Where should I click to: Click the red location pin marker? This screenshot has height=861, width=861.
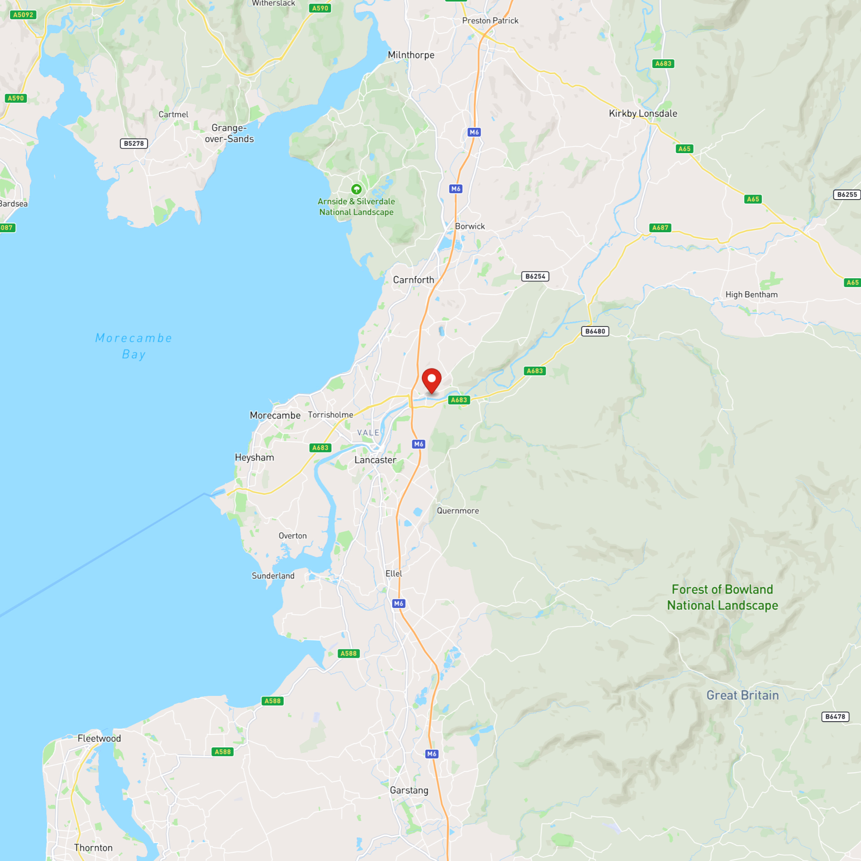pyautogui.click(x=431, y=380)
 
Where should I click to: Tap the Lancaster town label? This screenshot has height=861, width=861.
pyautogui.click(x=375, y=460)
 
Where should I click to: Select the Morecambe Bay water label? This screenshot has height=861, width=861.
pyautogui.click(x=133, y=346)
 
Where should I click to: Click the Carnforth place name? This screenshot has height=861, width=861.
pyautogui.click(x=413, y=280)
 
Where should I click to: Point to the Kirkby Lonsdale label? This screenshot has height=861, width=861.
pyautogui.click(x=643, y=113)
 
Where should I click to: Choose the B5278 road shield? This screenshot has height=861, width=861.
pyautogui.click(x=134, y=143)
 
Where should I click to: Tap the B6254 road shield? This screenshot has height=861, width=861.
pyautogui.click(x=535, y=276)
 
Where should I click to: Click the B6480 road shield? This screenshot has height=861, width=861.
pyautogui.click(x=595, y=331)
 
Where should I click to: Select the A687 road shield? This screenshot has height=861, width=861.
pyautogui.click(x=660, y=228)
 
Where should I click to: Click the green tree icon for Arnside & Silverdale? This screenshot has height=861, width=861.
pyautogui.click(x=356, y=189)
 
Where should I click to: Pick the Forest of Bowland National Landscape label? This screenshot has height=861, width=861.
pyautogui.click(x=722, y=597)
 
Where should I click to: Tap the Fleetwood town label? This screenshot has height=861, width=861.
pyautogui.click(x=99, y=738)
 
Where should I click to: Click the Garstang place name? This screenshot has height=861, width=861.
pyautogui.click(x=409, y=790)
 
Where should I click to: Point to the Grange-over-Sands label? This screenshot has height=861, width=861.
pyautogui.click(x=229, y=133)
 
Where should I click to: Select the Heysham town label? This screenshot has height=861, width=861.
pyautogui.click(x=254, y=457)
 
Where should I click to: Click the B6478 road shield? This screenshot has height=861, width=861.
pyautogui.click(x=835, y=717)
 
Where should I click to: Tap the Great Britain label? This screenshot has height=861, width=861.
pyautogui.click(x=742, y=695)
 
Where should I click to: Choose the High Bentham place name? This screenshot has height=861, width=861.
pyautogui.click(x=751, y=294)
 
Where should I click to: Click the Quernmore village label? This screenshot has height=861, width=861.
pyautogui.click(x=458, y=511)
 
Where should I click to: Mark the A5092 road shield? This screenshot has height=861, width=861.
pyautogui.click(x=23, y=15)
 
